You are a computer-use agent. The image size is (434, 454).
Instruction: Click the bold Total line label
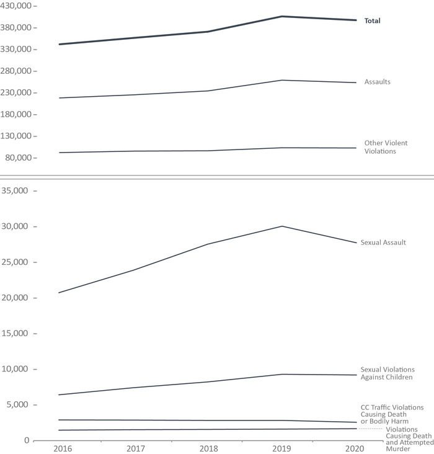pyautogui.click(x=372, y=21)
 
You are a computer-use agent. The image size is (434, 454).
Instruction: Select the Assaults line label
pyautogui.click(x=377, y=82)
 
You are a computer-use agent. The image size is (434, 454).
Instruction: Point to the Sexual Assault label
pyautogui.click(x=383, y=243)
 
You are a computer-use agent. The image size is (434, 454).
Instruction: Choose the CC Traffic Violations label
pyautogui.click(x=392, y=414)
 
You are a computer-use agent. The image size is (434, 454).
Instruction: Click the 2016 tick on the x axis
pyautogui.click(x=61, y=448)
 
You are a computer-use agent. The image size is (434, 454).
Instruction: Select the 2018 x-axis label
pyautogui.click(x=208, y=448)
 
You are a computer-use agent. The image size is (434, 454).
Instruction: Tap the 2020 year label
pyautogui.click(x=355, y=448)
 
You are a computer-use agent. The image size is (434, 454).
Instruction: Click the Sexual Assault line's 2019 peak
pyautogui.click(x=282, y=226)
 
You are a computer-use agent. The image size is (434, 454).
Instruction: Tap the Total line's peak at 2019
pyautogui.click(x=282, y=16)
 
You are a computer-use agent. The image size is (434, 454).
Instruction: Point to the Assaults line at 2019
pyautogui.click(x=282, y=80)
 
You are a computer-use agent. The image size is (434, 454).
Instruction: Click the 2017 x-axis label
pyautogui.click(x=135, y=448)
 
